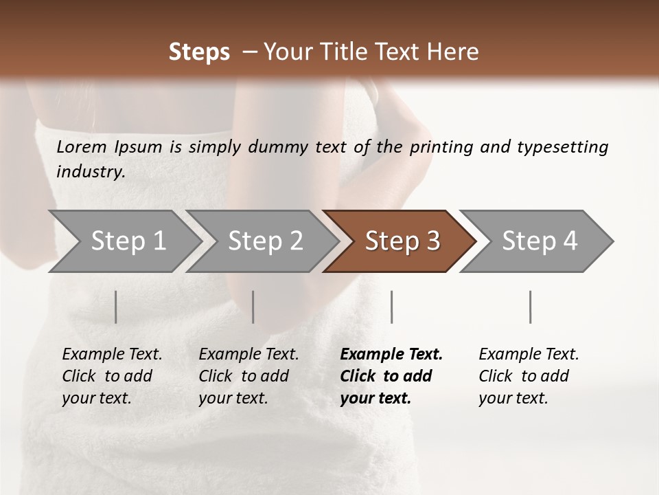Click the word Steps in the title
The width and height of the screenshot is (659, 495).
[x=199, y=52]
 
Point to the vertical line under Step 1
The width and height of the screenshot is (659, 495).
[x=116, y=307]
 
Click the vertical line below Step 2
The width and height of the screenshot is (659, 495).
[x=253, y=307]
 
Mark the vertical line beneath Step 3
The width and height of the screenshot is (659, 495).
[x=391, y=307]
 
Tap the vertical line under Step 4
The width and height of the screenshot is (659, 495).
[x=530, y=307]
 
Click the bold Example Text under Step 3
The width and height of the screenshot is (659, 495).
[x=391, y=355]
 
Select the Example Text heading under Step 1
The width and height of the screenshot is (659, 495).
[x=112, y=355]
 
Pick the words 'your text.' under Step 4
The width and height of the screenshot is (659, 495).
[x=513, y=398]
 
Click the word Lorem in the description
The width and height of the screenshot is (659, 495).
[x=82, y=147]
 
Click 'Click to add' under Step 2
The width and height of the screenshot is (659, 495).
[x=244, y=376]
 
